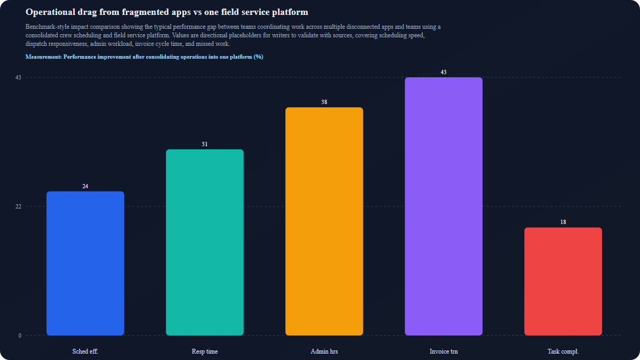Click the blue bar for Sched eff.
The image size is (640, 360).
click(x=85, y=263)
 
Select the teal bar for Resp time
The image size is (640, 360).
click(x=205, y=243)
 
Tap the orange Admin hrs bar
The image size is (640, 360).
click(x=324, y=221)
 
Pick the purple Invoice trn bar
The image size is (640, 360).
click(x=444, y=206)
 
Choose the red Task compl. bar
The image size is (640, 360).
click(x=563, y=282)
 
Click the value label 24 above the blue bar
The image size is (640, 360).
click(x=85, y=186)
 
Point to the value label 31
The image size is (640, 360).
click(x=205, y=144)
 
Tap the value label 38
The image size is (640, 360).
click(x=324, y=102)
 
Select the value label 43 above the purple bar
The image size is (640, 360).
click(x=444, y=72)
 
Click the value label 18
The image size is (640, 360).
click(x=563, y=222)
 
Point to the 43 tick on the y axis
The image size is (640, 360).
click(x=18, y=77)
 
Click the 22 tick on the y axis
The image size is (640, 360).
click(x=18, y=206)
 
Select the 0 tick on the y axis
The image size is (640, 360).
click(x=20, y=335)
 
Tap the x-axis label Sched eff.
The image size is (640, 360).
click(x=85, y=351)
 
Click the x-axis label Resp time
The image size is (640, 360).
click(x=205, y=351)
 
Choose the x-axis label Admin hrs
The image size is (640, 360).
click(x=324, y=351)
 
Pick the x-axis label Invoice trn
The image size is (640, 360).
click(x=444, y=351)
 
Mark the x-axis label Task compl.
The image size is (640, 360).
click(x=563, y=351)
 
